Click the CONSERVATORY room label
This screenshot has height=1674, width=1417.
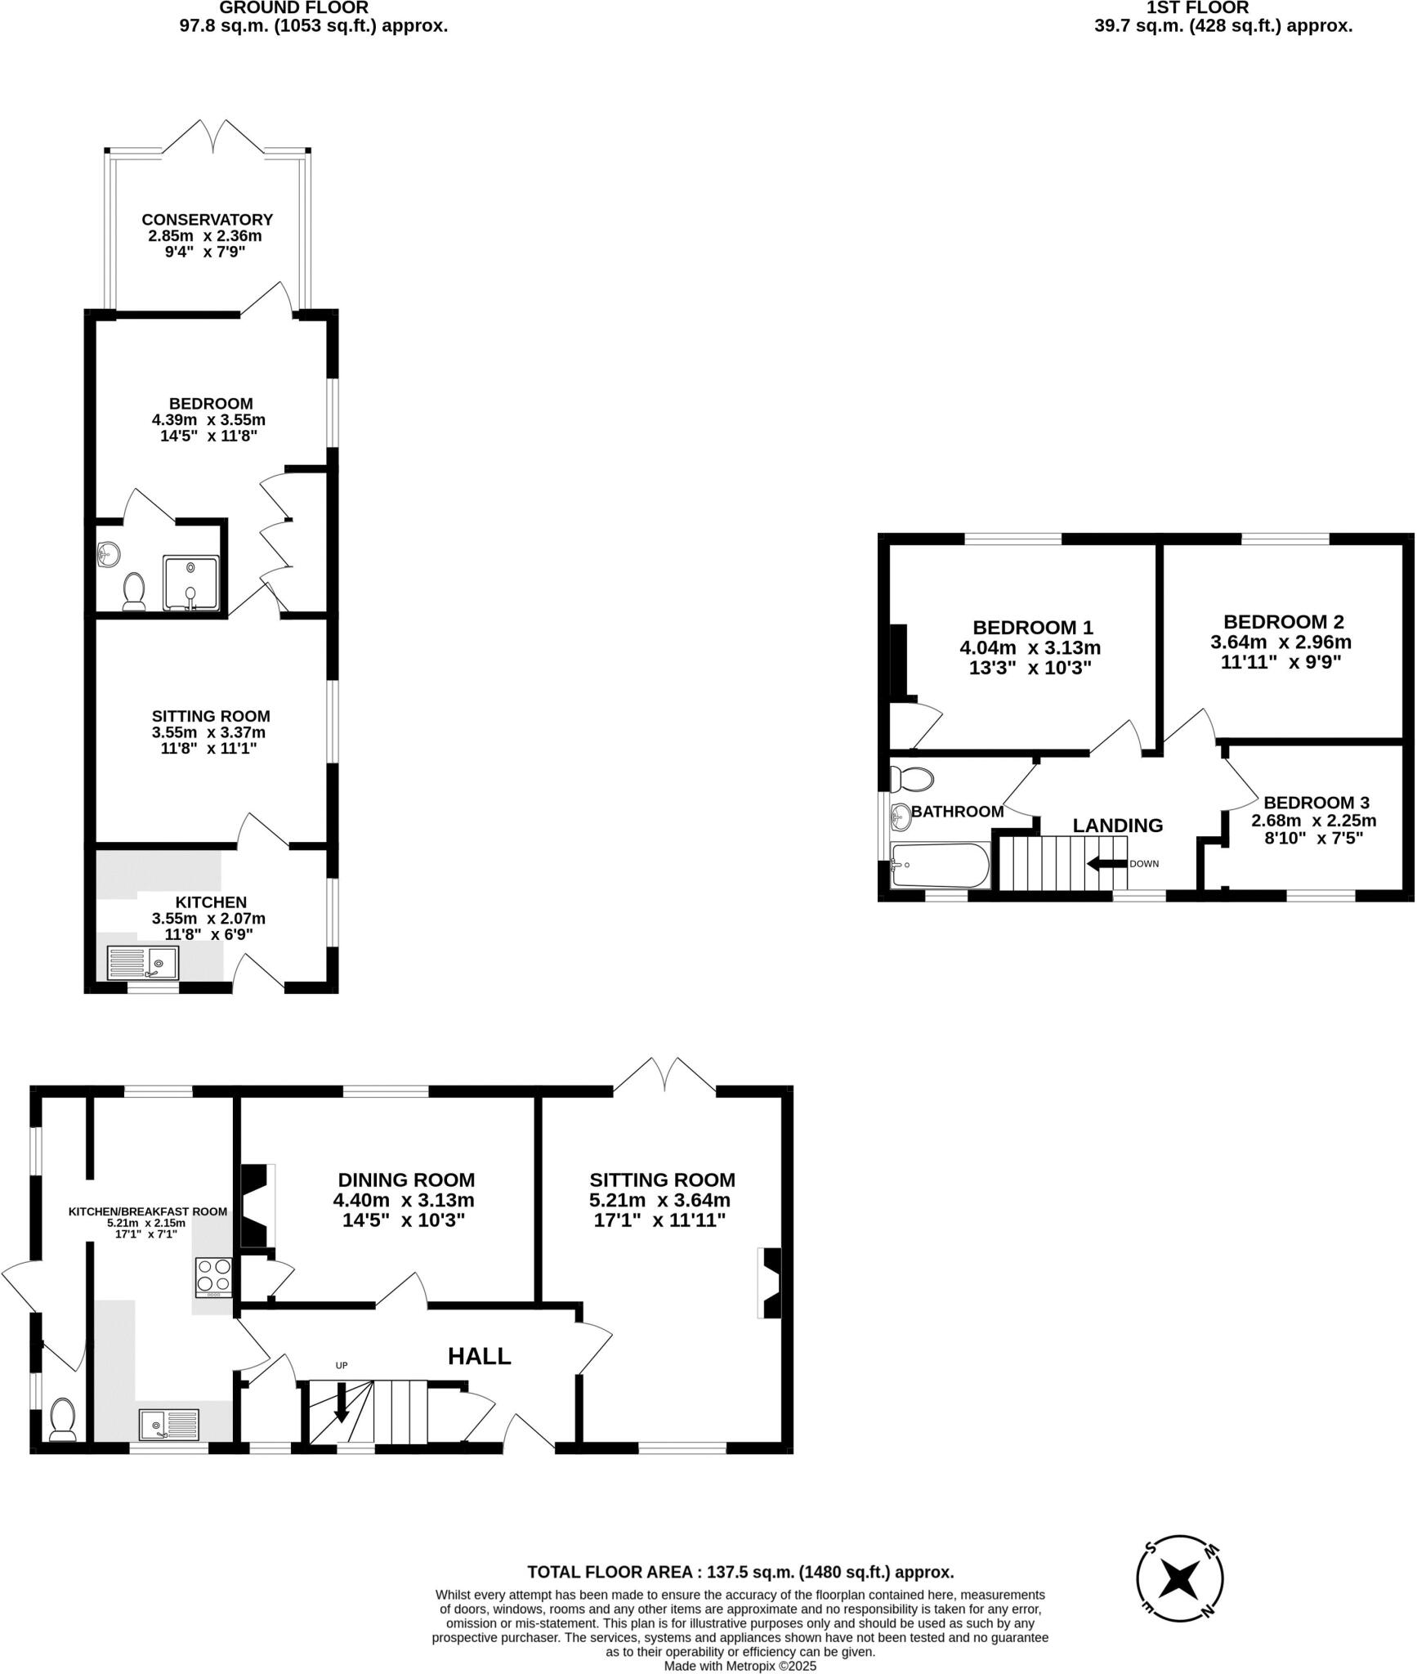[207, 219]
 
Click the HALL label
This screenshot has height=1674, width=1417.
[479, 1356]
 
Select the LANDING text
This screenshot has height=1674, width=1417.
[1117, 826]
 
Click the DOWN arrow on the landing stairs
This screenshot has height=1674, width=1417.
[1106, 864]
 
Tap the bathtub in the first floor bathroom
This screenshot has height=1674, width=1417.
[941, 866]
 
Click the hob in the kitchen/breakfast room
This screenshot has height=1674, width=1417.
[213, 1278]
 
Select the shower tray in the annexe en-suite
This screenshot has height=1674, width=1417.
[191, 583]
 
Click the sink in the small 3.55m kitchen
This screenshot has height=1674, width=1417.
[143, 962]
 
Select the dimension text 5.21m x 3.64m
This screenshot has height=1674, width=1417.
[659, 1200]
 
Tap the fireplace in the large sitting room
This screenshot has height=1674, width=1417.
[771, 1282]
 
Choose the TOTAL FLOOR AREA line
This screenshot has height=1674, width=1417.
[740, 1572]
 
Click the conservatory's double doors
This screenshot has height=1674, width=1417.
[214, 137]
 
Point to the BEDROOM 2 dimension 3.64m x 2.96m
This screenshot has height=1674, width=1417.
[1281, 642]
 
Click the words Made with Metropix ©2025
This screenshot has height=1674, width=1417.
[740, 1666]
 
